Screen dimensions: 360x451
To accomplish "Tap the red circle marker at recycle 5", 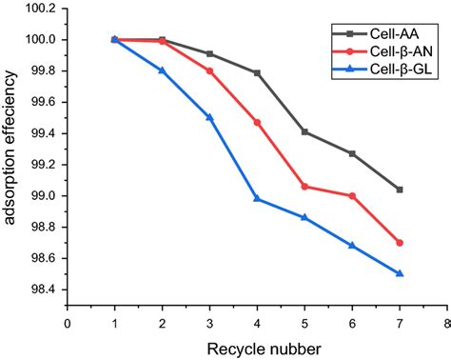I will click(x=304, y=187).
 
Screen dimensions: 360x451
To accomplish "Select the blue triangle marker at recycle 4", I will click(x=257, y=199).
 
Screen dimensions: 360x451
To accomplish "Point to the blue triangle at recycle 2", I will click(x=162, y=70).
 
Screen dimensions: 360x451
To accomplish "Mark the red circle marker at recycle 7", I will click(x=399, y=243).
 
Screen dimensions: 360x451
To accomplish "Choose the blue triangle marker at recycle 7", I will click(x=399, y=273).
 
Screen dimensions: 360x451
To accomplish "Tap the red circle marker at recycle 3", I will click(x=209, y=70).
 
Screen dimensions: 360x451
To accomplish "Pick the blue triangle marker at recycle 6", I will click(x=352, y=246).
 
